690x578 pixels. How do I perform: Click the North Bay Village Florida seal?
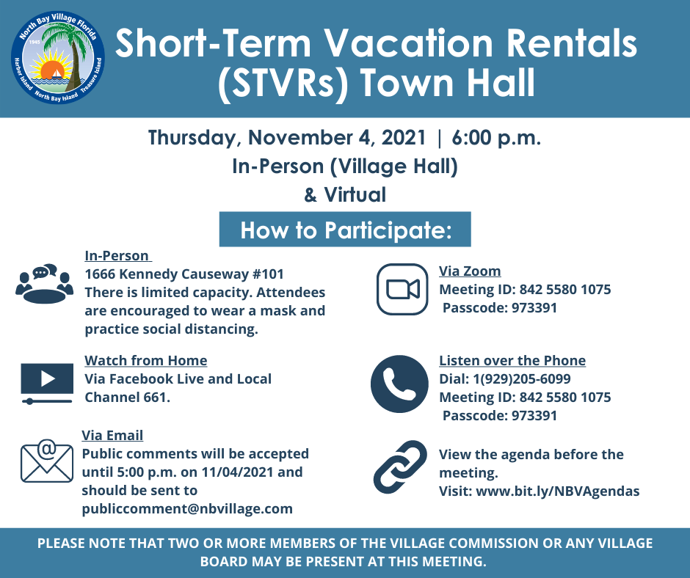click(58, 58)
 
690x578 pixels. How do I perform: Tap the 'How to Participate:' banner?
click(345, 229)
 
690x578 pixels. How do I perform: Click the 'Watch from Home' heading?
click(145, 360)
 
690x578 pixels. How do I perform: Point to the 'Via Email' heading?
click(112, 435)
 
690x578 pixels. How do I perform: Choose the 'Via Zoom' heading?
click(470, 271)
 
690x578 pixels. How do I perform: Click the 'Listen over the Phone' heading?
click(512, 360)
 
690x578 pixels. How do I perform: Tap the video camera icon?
click(402, 289)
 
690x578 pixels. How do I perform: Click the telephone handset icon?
click(399, 384)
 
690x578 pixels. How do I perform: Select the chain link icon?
click(400, 467)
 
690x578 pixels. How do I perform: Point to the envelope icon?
click(47, 461)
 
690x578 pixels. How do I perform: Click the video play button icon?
click(47, 383)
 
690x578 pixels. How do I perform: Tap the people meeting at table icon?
click(45, 284)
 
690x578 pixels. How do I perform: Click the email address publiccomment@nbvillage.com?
click(187, 509)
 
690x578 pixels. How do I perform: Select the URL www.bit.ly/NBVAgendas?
click(558, 491)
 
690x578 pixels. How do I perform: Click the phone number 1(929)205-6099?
click(521, 378)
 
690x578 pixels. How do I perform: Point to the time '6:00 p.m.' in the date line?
click(496, 138)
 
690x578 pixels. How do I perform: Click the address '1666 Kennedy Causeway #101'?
click(184, 274)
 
